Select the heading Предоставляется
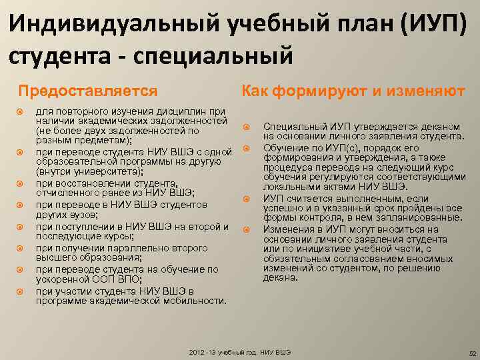(87, 90)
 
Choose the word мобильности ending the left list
(189, 301)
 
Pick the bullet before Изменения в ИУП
(245, 229)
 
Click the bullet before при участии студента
(19, 291)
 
